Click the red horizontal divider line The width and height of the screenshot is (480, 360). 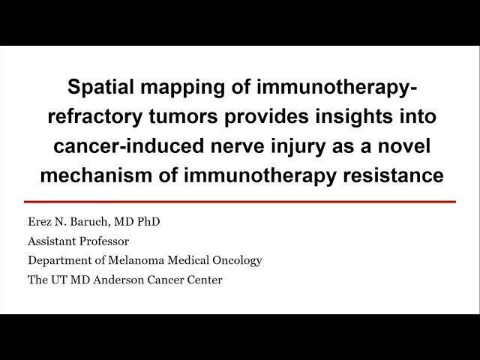point(240,202)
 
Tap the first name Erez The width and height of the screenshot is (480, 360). point(40,223)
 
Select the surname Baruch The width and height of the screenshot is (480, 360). point(88,223)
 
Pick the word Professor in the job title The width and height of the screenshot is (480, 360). point(101,241)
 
